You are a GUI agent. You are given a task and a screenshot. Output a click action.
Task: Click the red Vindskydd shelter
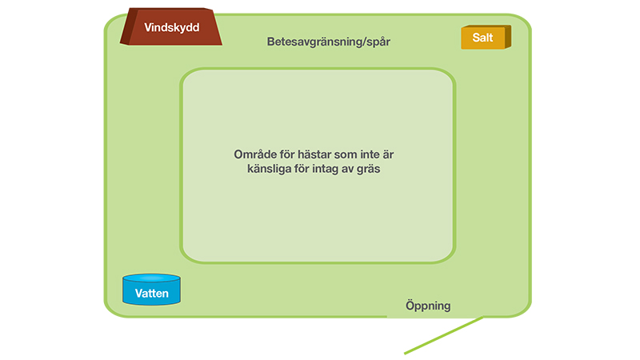point(171,26)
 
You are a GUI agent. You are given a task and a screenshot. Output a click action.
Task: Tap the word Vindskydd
point(172,27)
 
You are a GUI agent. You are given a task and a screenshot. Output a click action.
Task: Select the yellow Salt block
point(486,37)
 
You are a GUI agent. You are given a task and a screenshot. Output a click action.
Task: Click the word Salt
point(482,38)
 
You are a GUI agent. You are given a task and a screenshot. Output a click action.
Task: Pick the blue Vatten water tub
point(151,290)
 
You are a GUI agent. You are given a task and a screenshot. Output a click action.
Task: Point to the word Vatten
point(151,294)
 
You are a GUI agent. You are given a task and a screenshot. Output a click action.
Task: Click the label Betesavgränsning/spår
point(329,42)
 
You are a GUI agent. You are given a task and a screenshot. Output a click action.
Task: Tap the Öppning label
point(428,306)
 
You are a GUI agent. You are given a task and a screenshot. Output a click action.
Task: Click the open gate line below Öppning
point(444,334)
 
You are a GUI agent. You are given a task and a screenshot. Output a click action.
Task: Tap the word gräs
point(368,169)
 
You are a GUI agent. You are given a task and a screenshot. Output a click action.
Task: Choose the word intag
point(326,169)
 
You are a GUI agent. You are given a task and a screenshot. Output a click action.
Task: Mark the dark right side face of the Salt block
point(508,37)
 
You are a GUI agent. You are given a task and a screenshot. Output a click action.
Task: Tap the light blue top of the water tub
point(151,278)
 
